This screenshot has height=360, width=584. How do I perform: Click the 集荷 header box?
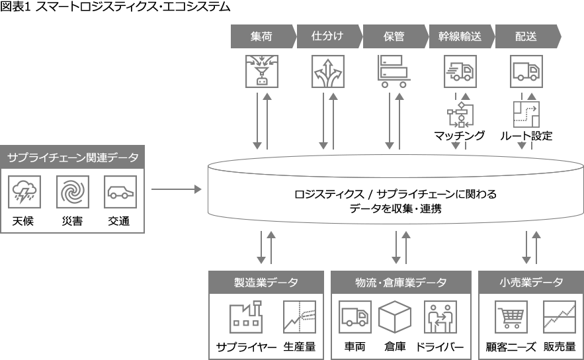tap(261, 36)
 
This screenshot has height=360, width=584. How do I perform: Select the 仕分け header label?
tap(327, 36)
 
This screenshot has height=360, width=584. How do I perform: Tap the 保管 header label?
tap(394, 36)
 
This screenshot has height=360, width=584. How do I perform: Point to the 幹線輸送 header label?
tap(460, 36)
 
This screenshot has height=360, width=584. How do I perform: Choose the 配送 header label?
tap(526, 36)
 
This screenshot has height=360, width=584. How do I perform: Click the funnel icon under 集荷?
tap(262, 71)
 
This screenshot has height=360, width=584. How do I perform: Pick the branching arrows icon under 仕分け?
tap(328, 71)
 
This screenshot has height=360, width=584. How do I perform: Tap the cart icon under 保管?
tap(394, 71)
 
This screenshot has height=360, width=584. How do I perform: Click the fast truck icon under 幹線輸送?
tap(460, 71)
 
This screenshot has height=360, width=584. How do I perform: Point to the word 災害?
tap(72, 222)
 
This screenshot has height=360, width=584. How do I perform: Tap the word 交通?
tap(119, 222)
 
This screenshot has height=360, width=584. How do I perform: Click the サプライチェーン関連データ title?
tap(73, 158)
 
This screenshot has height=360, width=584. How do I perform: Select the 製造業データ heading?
tap(266, 283)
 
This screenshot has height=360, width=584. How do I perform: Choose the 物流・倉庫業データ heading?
tap(401, 283)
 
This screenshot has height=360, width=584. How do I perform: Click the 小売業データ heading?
tap(531, 283)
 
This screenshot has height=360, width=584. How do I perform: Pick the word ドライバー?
tap(440, 347)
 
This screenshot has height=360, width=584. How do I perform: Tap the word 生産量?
tap(300, 347)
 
